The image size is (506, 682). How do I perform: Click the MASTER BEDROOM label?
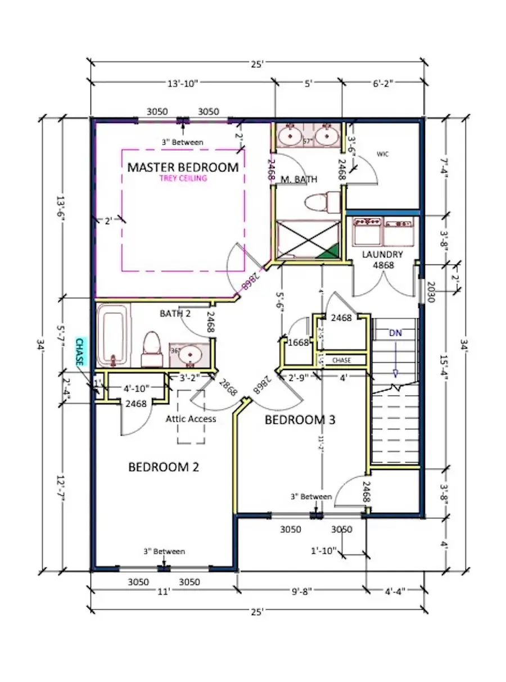point(183,167)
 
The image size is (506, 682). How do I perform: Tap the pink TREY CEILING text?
point(183,179)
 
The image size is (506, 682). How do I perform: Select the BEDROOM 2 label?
point(164,467)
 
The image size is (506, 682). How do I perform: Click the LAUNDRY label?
point(382,254)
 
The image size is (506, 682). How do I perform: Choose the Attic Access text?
point(191,419)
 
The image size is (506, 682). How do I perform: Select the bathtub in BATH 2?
point(113,336)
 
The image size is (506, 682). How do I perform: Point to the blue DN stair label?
point(395,333)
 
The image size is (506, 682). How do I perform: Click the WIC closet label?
point(382,153)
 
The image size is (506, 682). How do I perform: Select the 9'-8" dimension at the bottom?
point(301,590)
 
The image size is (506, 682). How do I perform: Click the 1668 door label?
point(298,342)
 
